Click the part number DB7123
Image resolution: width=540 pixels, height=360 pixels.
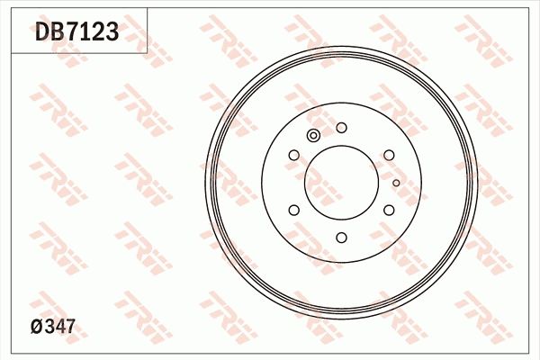pos(76,33)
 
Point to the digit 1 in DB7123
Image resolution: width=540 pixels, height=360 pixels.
pos(87,33)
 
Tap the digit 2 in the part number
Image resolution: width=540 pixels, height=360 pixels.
pos(99,33)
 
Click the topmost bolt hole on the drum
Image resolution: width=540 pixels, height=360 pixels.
pos(341,128)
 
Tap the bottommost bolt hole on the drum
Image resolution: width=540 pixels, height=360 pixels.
pos(341,237)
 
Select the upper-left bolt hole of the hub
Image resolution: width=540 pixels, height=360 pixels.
pos(294,156)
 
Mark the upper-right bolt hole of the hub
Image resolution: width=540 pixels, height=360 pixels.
pos(389,156)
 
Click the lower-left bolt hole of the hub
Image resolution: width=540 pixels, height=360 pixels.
pos(294,210)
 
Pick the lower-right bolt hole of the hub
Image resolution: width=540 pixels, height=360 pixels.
pos(389,210)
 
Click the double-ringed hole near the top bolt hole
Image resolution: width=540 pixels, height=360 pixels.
pos(313,136)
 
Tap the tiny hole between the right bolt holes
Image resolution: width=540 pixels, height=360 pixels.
pos(395,182)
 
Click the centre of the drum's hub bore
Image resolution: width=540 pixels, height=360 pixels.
pos(341,183)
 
